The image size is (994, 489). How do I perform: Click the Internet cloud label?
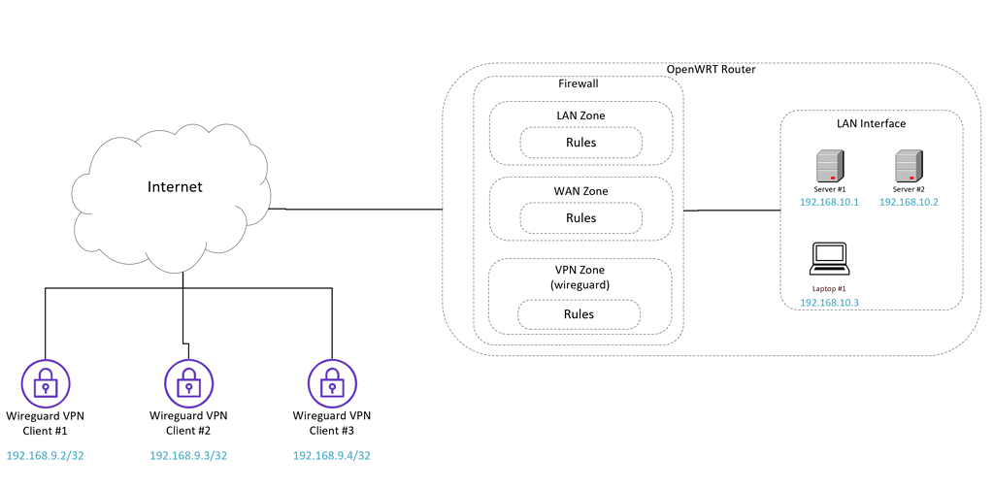175,186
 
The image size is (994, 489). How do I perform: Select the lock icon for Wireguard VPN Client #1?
45,384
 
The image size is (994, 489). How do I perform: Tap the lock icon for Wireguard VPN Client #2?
188,384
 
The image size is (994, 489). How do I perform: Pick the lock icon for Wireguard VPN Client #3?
332,384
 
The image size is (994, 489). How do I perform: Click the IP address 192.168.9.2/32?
46,456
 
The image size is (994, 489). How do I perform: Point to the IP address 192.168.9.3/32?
188,456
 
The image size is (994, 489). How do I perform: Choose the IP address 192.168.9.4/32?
332,456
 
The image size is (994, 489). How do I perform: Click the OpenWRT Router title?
711,70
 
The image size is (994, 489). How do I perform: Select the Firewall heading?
579,84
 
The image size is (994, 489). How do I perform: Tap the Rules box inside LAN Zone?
580,143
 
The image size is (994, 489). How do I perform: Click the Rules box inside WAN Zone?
580,218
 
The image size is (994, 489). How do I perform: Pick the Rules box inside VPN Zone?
579,314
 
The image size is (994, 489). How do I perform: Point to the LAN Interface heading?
871,123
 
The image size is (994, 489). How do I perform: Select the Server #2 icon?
909,166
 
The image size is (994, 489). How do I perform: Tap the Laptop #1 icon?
829,258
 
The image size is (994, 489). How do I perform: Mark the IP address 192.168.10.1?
829,202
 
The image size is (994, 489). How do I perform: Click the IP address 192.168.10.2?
909,202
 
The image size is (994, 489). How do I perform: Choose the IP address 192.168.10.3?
829,303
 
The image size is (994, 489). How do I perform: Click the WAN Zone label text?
580,191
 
